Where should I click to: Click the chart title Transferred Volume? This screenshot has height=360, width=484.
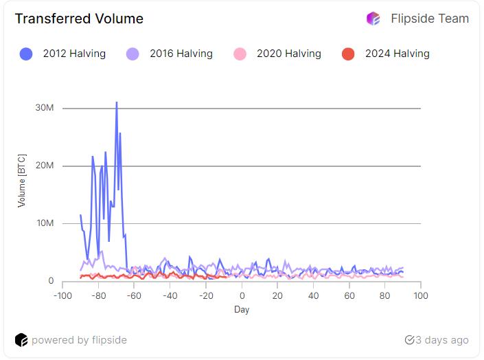tap(79, 19)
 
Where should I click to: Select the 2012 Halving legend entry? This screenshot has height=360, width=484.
tap(63, 54)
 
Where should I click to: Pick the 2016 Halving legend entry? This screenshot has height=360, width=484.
tap(170, 54)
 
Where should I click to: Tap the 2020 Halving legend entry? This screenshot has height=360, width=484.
tap(277, 54)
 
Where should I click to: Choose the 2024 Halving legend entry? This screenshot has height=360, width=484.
tap(386, 54)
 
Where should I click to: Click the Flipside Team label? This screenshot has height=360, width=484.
tap(430, 19)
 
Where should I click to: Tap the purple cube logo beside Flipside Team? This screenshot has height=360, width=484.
tap(373, 19)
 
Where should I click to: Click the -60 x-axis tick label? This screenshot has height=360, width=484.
tap(135, 295)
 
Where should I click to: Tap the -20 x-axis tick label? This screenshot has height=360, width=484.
tap(206, 295)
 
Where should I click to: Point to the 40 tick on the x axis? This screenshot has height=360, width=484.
tap(313, 295)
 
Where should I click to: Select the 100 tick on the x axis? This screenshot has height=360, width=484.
tap(420, 295)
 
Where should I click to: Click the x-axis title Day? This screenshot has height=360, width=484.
tap(242, 310)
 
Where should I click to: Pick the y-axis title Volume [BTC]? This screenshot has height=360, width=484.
tap(22, 180)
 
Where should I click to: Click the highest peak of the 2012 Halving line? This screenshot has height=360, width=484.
tap(117, 102)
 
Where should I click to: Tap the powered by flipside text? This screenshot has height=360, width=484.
tap(79, 340)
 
